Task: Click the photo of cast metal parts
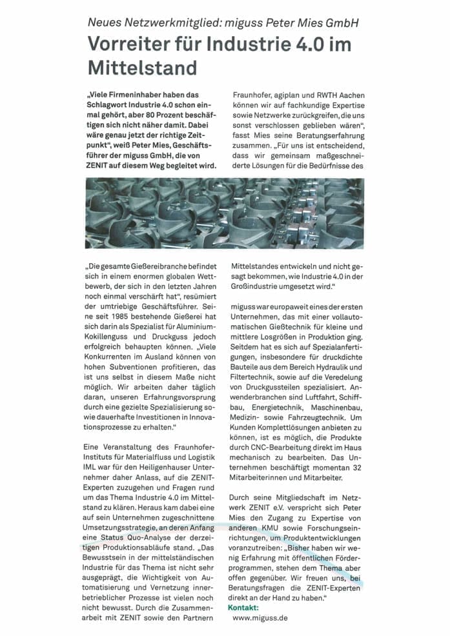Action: (224, 214)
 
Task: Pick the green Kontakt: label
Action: (243, 608)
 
